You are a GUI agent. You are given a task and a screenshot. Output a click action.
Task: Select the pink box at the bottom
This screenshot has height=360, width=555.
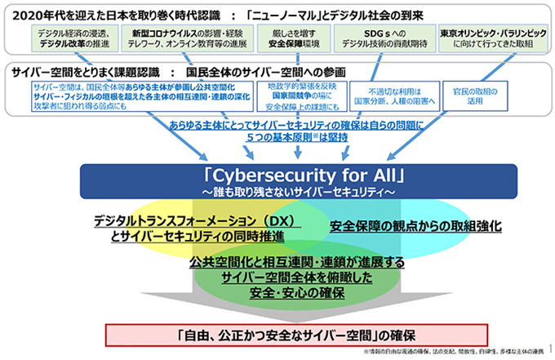point(296,335)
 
